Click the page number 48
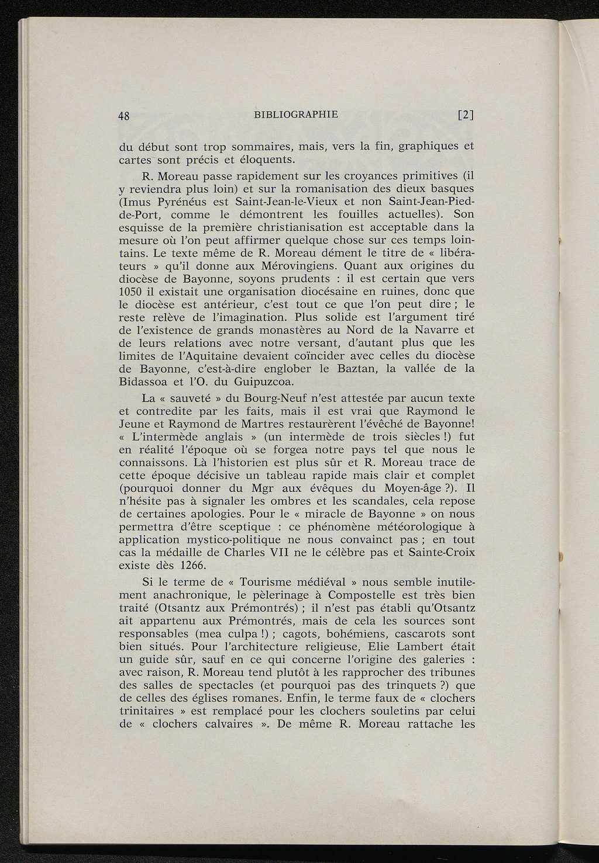[x=123, y=116]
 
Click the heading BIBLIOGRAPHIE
[x=296, y=115]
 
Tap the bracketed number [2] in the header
[x=466, y=115]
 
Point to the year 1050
[x=128, y=292]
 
